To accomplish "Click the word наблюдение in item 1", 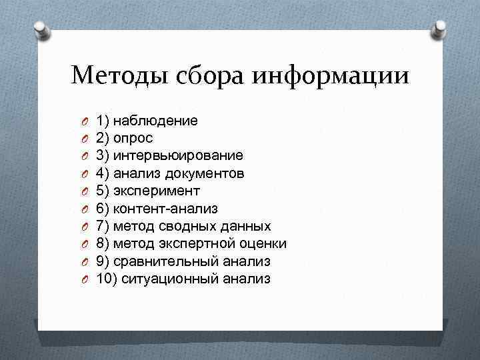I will coord(156,121).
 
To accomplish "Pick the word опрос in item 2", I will coord(133,138).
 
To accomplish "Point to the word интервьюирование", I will coord(179,155).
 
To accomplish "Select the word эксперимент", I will coord(157,191).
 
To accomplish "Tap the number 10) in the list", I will coord(107,279).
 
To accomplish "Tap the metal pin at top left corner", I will coord(41,29).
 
